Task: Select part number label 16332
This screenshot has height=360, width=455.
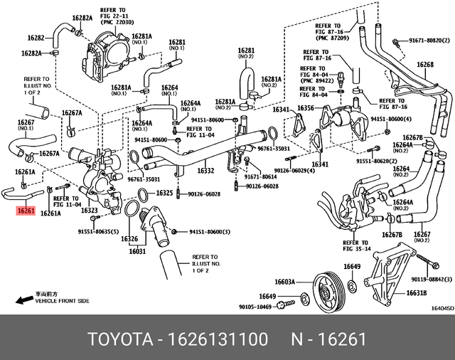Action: (x=205, y=171)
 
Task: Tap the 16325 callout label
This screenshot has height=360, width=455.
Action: (x=164, y=193)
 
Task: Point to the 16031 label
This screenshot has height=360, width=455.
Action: (x=136, y=251)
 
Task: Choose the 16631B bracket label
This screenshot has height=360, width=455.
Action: (x=416, y=292)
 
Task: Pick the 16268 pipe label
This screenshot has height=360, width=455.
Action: (x=424, y=65)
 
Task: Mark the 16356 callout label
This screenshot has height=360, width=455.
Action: (x=306, y=108)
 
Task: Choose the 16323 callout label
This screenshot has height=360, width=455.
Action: (x=89, y=211)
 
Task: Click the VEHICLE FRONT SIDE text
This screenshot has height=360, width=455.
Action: (x=63, y=301)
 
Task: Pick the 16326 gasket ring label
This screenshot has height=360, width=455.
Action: (x=129, y=238)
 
